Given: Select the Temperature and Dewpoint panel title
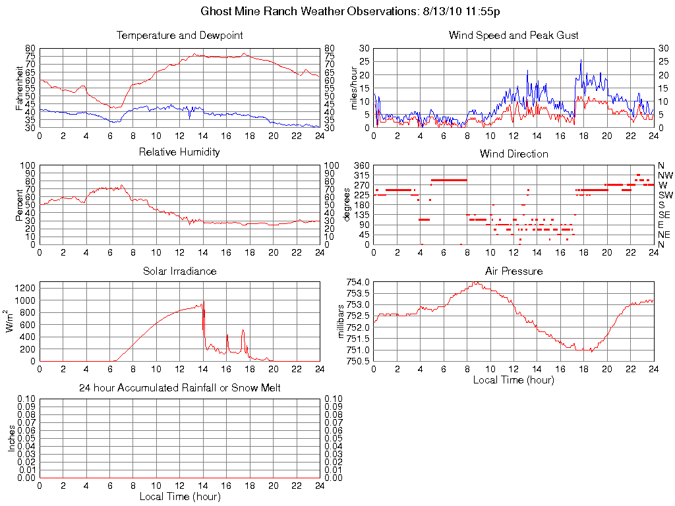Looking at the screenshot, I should (x=179, y=36).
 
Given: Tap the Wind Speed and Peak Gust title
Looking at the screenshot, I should (x=514, y=36).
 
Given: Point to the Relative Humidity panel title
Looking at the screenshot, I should (x=179, y=152).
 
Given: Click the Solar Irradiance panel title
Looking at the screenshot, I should (x=179, y=271).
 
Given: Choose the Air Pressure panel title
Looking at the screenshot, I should (x=514, y=271).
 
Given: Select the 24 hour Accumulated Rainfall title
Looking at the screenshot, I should (x=179, y=388).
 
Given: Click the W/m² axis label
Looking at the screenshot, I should (x=11, y=322).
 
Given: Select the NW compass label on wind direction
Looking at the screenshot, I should (x=665, y=175).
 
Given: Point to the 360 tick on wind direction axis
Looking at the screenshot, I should (x=361, y=165).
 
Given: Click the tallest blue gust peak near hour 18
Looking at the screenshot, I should (x=581, y=60).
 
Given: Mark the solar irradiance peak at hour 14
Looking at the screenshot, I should (x=204, y=301).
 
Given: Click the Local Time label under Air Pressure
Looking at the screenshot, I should (x=514, y=379).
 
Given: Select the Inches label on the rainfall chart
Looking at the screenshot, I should (x=11, y=438).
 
